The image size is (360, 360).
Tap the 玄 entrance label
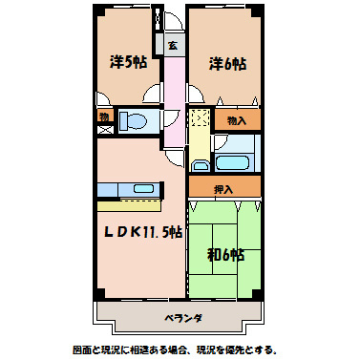(x=173, y=45)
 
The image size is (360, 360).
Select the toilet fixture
(x=135, y=122)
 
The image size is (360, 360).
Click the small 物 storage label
(x=103, y=116)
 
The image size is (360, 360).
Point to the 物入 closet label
(x=236, y=120)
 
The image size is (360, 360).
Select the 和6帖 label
(x=226, y=255)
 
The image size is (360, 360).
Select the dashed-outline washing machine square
(x=199, y=121)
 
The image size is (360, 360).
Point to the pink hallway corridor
(x=174, y=100)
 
